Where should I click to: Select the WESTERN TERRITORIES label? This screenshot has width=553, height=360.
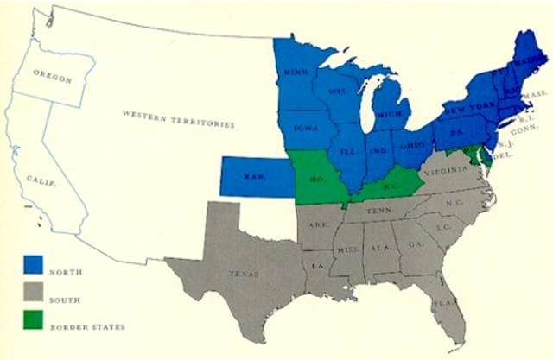(178, 118)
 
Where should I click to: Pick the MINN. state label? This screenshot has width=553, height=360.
(297, 73)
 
